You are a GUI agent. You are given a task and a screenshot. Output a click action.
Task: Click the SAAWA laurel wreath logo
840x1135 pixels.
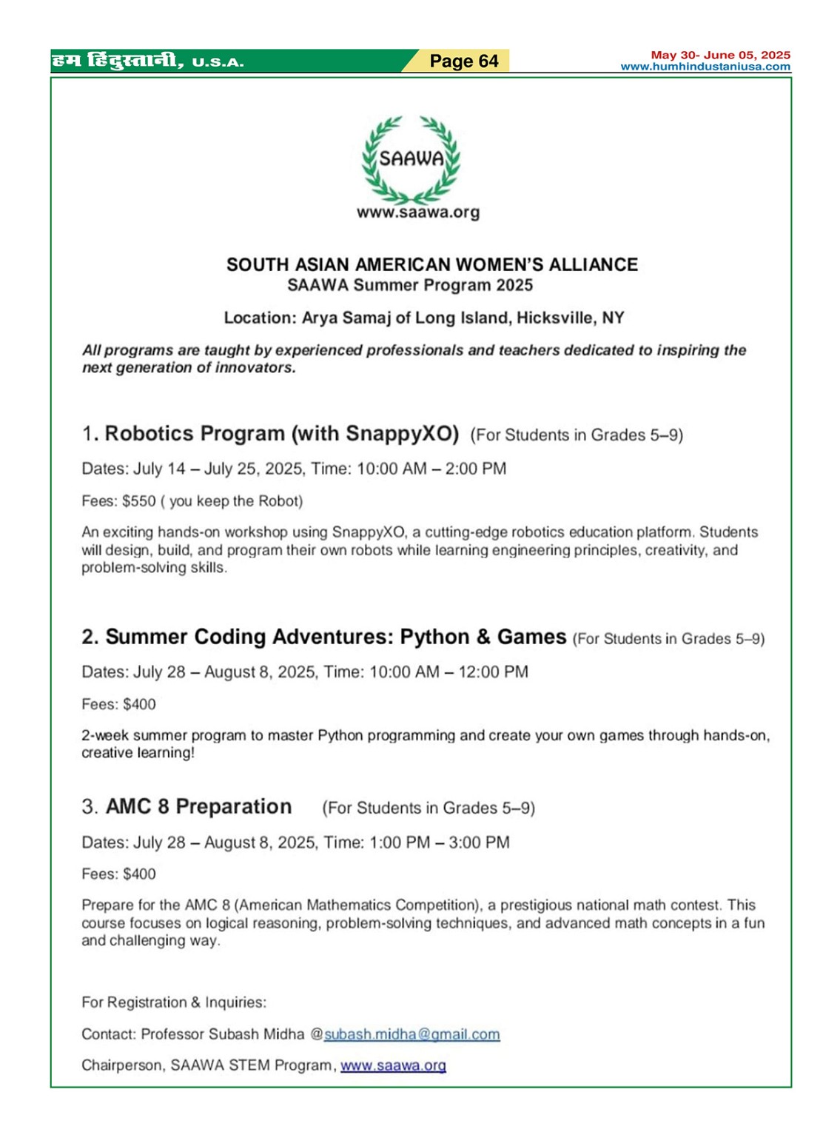pyautogui.click(x=411, y=158)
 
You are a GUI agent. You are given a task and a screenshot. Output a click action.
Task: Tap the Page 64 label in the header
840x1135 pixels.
pyautogui.click(x=464, y=61)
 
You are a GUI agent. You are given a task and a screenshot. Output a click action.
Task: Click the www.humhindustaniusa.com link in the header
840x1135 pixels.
pyautogui.click(x=705, y=67)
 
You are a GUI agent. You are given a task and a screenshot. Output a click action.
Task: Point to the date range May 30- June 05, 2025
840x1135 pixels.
pyautogui.click(x=720, y=55)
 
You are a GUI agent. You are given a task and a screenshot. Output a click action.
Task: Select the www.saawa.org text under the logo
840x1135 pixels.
pyautogui.click(x=418, y=213)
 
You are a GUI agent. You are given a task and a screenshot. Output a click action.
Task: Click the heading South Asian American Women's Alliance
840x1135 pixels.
pyautogui.click(x=431, y=264)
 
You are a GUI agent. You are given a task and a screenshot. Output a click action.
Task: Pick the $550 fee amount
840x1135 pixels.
pyautogui.click(x=139, y=501)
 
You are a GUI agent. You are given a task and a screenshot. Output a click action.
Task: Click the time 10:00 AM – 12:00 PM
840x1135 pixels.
pyautogui.click(x=448, y=672)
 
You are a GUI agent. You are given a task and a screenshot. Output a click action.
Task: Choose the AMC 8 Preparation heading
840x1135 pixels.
pyautogui.click(x=198, y=806)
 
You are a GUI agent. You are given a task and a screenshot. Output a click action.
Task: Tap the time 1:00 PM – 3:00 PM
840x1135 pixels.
pyautogui.click(x=436, y=843)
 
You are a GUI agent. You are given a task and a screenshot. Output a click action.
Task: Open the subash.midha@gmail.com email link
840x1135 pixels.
pyautogui.click(x=412, y=1034)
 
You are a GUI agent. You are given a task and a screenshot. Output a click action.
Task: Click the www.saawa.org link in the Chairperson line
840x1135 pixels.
pyautogui.click(x=393, y=1065)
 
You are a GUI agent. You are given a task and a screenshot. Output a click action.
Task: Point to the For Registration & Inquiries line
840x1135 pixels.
pyautogui.click(x=174, y=1002)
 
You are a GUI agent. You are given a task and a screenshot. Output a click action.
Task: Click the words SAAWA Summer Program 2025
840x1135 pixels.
pyautogui.click(x=409, y=286)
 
